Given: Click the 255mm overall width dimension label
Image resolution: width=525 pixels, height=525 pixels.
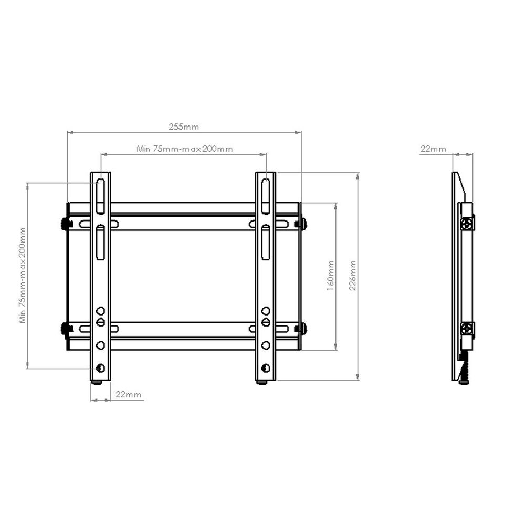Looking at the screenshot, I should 183,127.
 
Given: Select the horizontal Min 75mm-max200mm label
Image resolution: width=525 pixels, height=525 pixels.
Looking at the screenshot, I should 184,149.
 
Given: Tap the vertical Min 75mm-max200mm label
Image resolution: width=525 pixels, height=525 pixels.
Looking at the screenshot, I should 22,275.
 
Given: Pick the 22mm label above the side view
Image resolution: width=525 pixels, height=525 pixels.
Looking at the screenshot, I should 433,149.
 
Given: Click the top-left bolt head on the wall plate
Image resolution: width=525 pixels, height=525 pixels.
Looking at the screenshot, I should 66,224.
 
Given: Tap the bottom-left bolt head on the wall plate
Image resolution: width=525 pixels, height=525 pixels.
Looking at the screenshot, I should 66,329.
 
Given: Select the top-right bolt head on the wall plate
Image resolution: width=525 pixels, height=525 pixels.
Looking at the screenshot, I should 302,224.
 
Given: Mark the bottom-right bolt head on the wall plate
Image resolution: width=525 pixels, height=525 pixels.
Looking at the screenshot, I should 302,329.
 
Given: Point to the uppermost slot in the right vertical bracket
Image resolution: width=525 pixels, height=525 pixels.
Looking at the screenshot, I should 266,196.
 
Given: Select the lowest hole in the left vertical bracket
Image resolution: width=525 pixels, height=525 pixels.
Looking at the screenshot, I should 100,367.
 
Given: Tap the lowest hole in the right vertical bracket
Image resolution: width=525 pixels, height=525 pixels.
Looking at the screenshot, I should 266,367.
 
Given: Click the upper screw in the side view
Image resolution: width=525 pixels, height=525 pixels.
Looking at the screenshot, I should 467,224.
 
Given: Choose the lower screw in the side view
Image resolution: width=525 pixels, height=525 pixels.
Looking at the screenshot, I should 467,330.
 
